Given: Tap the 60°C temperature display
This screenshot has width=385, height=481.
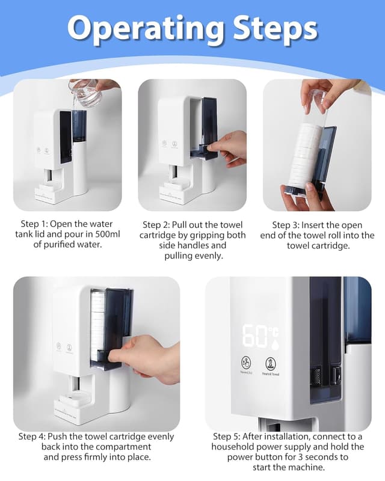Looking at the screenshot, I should pyautogui.click(x=260, y=336).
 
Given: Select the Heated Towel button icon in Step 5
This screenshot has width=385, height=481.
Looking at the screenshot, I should pyautogui.click(x=271, y=363).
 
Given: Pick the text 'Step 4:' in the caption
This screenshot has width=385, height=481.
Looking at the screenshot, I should pyautogui.click(x=35, y=436).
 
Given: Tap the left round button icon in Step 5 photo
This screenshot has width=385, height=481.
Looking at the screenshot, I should pyautogui.click(x=245, y=363).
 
